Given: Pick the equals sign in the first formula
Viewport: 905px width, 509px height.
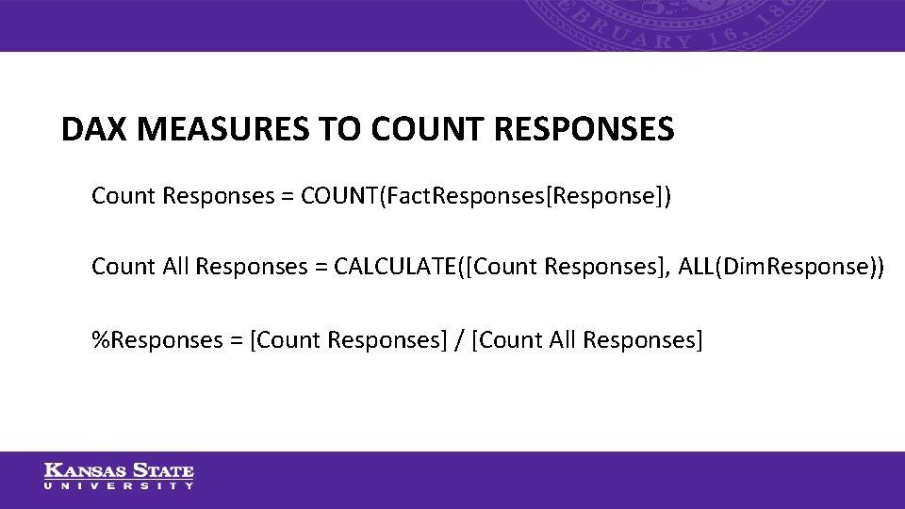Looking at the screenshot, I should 283,196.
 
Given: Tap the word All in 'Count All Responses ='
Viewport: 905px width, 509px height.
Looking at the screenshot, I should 176,267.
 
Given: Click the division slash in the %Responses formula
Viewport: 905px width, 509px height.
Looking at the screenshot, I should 458,339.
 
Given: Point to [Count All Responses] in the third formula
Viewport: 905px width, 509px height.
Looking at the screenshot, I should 586,339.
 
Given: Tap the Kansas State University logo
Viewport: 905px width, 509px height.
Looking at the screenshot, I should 119,476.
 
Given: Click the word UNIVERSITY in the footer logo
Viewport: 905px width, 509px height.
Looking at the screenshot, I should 119,486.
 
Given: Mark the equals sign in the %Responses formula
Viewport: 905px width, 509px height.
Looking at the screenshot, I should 236,339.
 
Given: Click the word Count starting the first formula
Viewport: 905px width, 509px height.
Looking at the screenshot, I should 123,196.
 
